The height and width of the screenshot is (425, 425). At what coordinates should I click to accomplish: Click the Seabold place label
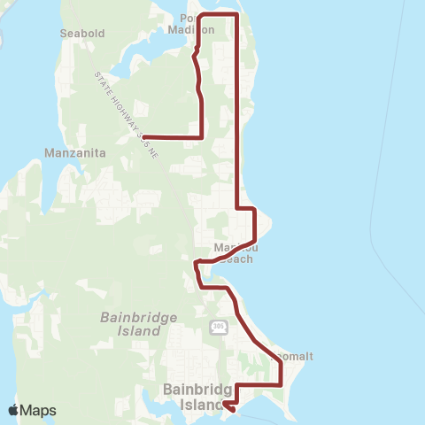coord(81,34)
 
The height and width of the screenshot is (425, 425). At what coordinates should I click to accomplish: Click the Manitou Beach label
coord(234,253)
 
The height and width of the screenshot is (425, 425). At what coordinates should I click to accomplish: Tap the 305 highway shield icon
coord(219,328)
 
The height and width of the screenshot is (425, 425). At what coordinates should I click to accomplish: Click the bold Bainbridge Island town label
coord(197,396)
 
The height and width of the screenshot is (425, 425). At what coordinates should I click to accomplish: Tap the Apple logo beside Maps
coord(13,410)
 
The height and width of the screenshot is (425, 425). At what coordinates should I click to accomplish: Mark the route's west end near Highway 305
coord(143,137)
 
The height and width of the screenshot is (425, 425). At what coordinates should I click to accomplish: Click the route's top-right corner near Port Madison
coord(236,15)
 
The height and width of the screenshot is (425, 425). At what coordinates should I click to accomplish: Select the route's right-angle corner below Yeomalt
coord(281,385)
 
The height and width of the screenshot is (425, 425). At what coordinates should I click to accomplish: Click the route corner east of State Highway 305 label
coord(204,137)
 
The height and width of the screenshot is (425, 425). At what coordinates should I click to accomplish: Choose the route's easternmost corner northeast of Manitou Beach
coord(255,209)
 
